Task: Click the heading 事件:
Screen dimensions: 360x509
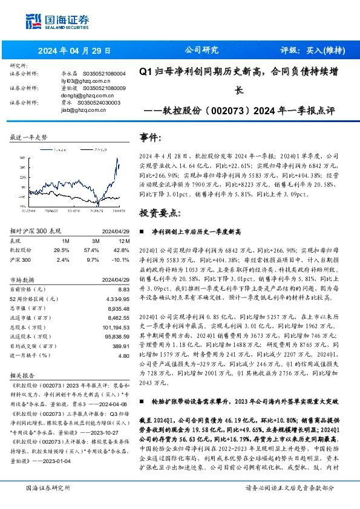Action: [151, 137]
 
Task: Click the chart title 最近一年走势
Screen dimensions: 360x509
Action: [28, 138]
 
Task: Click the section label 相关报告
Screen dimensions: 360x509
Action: [24, 375]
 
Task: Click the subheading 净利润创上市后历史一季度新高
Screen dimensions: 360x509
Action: [191, 232]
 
